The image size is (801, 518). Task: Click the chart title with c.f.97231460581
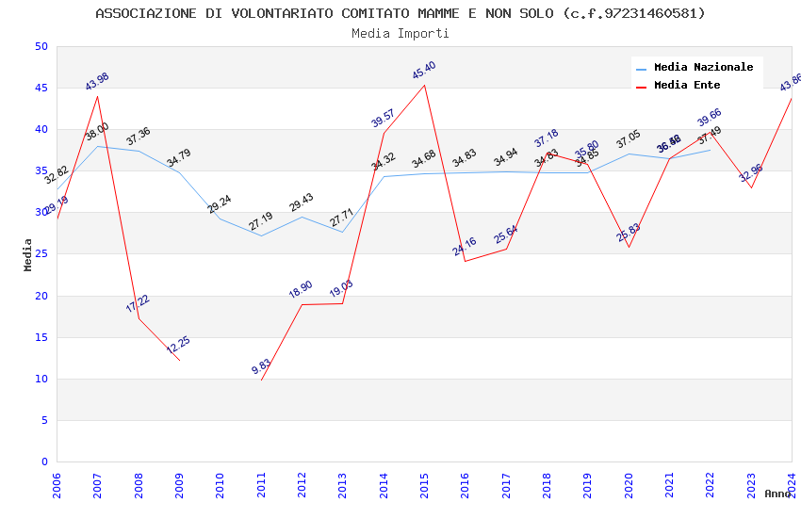point(400,13)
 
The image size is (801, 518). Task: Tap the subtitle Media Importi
point(400,34)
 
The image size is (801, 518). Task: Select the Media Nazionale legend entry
point(703,68)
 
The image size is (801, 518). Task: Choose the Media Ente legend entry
point(687,86)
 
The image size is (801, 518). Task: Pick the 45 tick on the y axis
point(41,89)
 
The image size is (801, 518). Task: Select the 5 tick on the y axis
point(43,421)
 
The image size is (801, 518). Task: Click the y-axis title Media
point(28,254)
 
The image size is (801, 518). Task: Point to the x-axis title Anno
point(777,494)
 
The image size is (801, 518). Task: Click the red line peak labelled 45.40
point(424,85)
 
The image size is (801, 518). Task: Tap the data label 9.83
point(261,367)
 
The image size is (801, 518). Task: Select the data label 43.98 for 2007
point(97,82)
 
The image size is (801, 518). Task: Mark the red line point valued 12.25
point(179,360)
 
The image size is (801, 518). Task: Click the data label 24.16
point(465,247)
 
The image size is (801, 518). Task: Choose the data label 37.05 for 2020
point(629,139)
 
